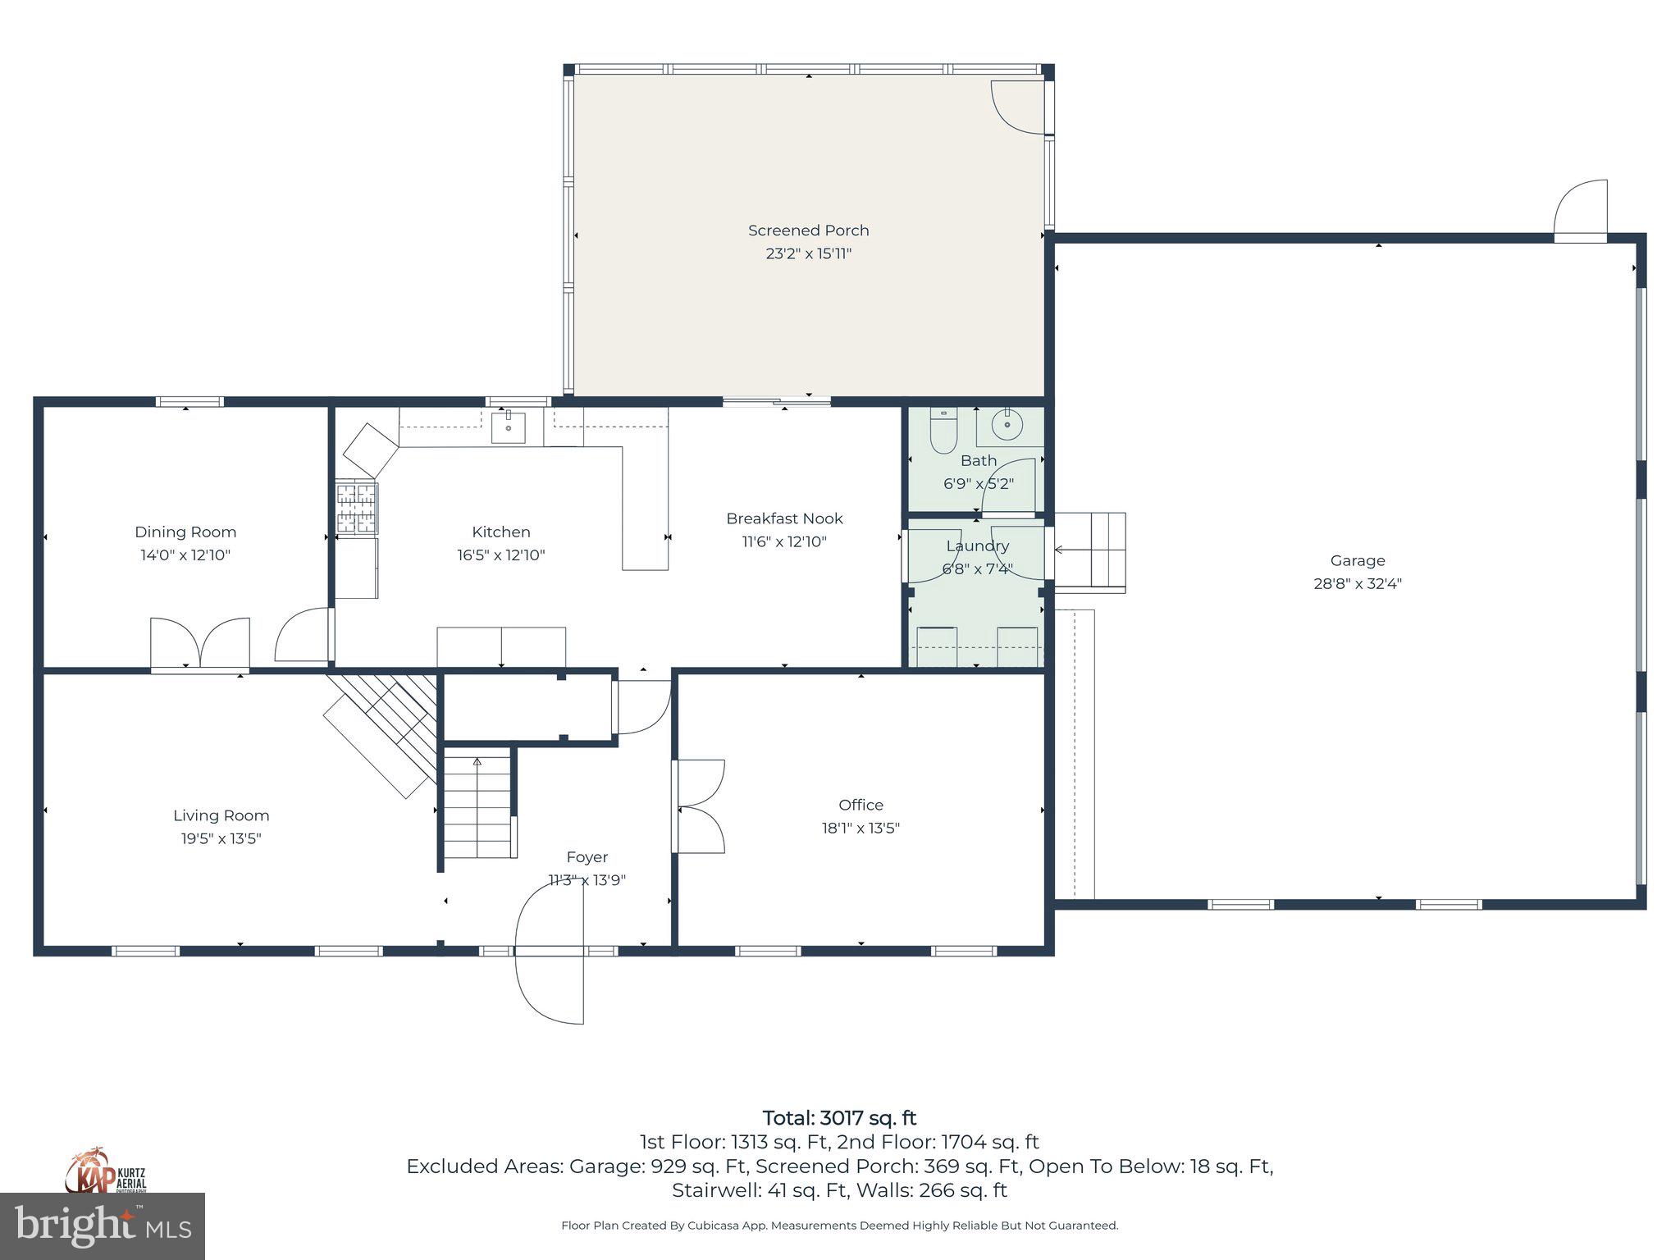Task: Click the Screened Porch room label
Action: [x=808, y=231]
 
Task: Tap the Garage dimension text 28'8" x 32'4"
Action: [x=1358, y=584]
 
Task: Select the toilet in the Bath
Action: [x=943, y=432]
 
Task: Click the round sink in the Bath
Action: [x=1006, y=425]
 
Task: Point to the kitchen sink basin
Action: [x=509, y=427]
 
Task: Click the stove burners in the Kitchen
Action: [x=357, y=509]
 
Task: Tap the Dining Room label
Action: [x=185, y=532]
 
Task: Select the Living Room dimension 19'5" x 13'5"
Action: [x=221, y=838]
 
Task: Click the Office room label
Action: [x=861, y=805]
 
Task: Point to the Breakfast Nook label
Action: [x=784, y=518]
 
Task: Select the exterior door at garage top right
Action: [x=1581, y=211]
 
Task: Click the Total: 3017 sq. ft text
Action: [x=839, y=1118]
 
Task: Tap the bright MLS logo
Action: [x=103, y=1226]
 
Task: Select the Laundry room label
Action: [x=977, y=546]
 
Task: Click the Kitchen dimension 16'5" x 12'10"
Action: [x=500, y=555]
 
